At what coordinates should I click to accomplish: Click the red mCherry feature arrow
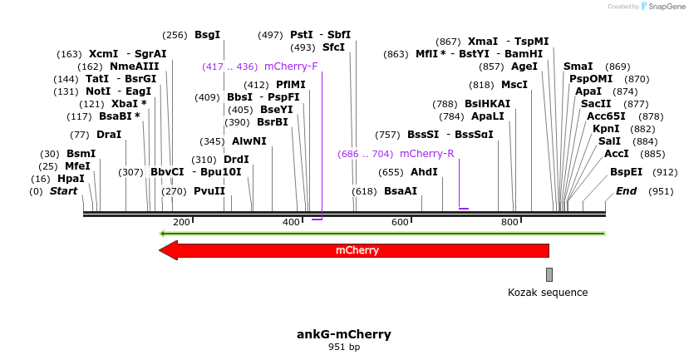point(357,250)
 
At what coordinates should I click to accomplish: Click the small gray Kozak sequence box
point(549,274)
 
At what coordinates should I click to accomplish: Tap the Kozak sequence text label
point(548,293)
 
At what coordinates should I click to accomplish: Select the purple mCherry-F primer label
point(291,67)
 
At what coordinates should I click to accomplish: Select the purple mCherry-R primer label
point(426,154)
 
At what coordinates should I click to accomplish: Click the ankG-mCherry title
point(344,334)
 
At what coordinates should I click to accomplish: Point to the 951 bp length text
point(344,347)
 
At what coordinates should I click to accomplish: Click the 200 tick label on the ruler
point(181,222)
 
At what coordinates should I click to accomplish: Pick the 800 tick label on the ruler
point(509,222)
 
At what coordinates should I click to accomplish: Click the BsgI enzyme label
point(207,35)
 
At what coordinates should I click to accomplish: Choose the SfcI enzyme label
point(333,47)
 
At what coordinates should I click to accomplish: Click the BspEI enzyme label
point(627,172)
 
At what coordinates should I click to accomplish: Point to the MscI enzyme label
point(514,85)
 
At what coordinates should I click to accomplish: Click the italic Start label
point(64,191)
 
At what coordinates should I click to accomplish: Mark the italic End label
point(627,191)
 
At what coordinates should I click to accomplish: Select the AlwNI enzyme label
point(249,141)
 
